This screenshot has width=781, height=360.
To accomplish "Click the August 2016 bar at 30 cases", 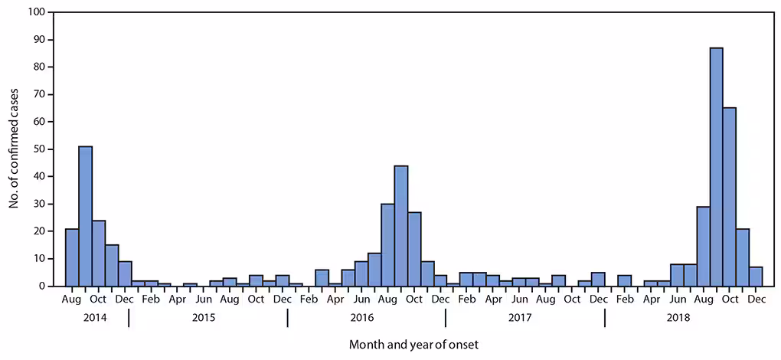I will coord(387,245).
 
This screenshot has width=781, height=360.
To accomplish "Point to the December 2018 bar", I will coord(756,277).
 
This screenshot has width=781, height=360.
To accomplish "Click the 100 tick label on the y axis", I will coord(35,12).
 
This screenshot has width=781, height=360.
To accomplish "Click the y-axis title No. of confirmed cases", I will coord(14,149).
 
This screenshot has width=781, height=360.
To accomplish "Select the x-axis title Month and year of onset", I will coord(413,345).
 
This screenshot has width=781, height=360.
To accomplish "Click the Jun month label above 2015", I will coord(203,299).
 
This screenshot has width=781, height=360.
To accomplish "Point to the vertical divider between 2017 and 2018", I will coord(605,316).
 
